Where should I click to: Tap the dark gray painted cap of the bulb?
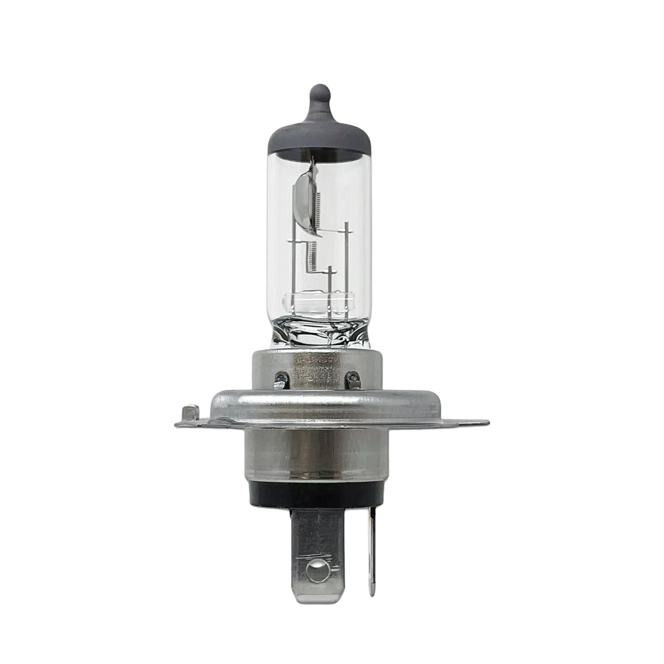[x=320, y=137]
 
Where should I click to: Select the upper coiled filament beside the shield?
[x=318, y=206]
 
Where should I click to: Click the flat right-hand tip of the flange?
[x=480, y=422]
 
